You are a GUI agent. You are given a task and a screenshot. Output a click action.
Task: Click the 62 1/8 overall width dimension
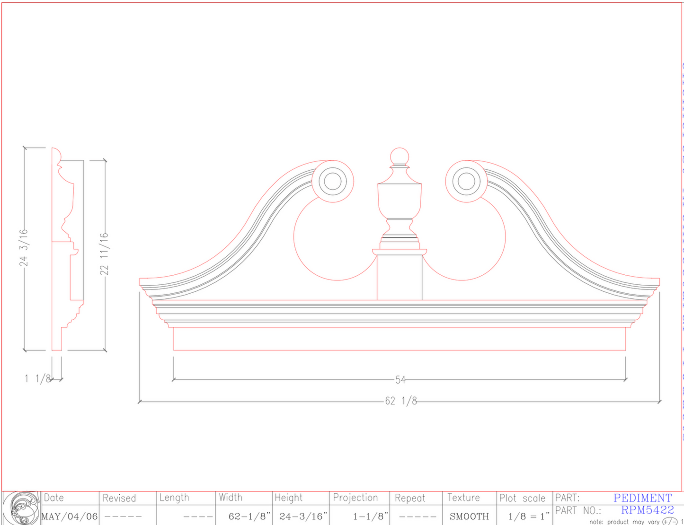point(400,401)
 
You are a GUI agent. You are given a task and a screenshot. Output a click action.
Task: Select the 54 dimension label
point(400,379)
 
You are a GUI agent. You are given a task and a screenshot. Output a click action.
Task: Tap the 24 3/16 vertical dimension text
point(24,248)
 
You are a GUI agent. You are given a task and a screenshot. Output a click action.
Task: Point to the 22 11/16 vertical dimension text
point(104,254)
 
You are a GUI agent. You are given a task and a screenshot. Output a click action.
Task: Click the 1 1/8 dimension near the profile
point(37,378)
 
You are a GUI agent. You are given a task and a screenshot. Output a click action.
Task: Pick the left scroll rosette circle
point(332,182)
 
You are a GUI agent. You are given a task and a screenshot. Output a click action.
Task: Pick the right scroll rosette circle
point(466,182)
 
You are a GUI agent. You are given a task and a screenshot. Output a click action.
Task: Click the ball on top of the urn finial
point(400,157)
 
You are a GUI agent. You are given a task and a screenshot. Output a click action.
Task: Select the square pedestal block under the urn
point(400,277)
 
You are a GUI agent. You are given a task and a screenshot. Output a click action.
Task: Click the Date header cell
point(54,498)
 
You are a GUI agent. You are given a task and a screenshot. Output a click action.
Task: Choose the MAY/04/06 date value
point(70,516)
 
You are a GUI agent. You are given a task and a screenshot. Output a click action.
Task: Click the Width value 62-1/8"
point(249,516)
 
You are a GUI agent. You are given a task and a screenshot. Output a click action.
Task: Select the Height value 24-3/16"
point(303,516)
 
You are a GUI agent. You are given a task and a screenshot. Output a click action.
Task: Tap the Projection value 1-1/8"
point(370,516)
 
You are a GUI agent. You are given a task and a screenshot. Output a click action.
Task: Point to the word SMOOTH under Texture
point(469,516)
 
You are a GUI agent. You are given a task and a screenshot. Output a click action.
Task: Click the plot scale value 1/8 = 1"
point(528,516)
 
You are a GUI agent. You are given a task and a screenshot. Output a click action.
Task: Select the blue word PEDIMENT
point(642,498)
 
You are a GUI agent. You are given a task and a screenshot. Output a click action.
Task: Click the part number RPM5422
point(647,510)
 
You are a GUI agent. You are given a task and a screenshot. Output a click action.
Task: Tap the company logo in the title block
point(21,508)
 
